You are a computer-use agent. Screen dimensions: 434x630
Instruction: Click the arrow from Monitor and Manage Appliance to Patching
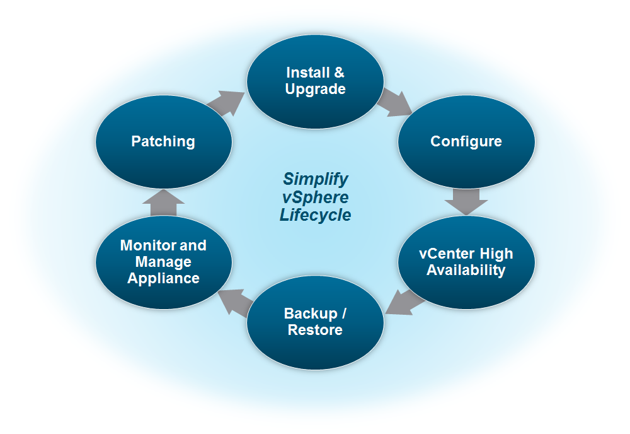[x=163, y=202]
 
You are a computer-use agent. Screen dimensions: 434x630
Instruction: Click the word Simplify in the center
[x=315, y=178]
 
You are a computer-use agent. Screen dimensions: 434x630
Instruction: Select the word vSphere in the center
[x=315, y=196]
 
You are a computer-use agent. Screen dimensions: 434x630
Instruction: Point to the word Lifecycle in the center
[x=315, y=215]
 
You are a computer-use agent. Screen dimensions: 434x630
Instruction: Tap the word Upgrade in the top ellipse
[x=315, y=89]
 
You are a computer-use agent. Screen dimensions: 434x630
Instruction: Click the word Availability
[x=466, y=270]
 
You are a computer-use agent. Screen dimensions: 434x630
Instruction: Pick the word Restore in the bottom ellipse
[x=315, y=330]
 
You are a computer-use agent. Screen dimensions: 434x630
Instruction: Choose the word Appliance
[x=164, y=278]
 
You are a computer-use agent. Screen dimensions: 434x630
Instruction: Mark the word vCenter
[x=442, y=254]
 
